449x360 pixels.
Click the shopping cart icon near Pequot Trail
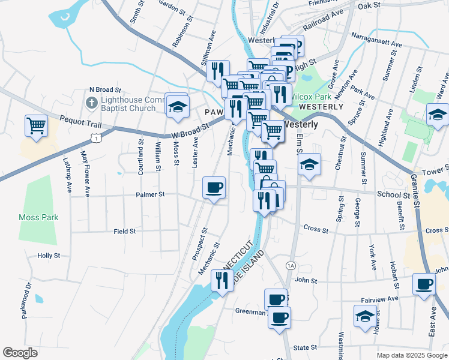[36, 126]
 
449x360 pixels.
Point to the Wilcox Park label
[311, 97]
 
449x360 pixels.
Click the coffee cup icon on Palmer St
[214, 188]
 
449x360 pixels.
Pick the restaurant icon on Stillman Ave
[218, 70]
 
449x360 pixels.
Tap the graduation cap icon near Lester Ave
[177, 106]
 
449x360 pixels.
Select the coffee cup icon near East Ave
[424, 284]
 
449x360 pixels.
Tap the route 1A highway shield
[291, 265]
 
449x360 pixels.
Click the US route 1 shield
[95, 139]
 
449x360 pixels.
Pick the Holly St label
[49, 256]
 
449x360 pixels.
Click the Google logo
[20, 353]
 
